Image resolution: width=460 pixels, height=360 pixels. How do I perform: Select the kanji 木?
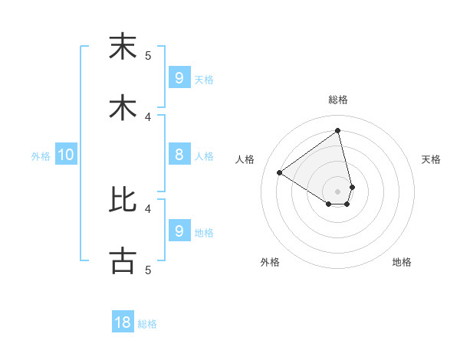[123, 107]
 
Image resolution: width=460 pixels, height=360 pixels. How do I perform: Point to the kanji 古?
[123, 261]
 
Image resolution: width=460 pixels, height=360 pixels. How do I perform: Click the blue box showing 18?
[123, 322]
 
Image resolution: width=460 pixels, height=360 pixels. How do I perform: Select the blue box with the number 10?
[66, 155]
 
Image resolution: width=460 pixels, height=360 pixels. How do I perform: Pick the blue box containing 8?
[179, 155]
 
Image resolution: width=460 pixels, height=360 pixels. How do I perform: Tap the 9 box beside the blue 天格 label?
[179, 77]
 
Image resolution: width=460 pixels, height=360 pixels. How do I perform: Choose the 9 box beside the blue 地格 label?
[179, 231]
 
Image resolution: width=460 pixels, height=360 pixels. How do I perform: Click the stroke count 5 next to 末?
[148, 55]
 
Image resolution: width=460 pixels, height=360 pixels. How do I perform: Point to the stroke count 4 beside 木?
[148, 116]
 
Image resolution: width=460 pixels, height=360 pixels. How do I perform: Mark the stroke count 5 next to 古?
[148, 270]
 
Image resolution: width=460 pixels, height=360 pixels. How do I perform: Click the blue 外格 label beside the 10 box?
[41, 156]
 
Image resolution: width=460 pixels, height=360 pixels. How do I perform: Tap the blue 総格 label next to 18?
[147, 324]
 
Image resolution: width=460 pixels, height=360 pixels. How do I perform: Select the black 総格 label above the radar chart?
[338, 100]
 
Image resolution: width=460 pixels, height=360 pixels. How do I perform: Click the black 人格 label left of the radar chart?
[245, 159]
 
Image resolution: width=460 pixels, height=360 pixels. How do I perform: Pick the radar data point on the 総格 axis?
[338, 131]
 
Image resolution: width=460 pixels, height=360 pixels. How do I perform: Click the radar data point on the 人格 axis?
[280, 172]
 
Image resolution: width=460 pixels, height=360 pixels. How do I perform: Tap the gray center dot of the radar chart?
[338, 191]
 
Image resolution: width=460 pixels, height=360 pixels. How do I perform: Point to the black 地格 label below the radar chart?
[402, 262]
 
